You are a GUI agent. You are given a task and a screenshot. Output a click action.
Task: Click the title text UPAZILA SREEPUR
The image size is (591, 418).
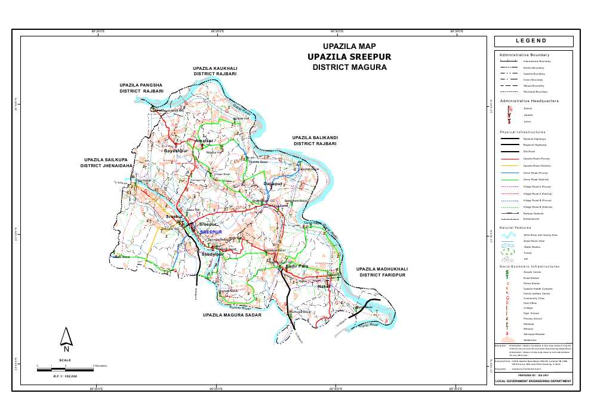click(x=349, y=57)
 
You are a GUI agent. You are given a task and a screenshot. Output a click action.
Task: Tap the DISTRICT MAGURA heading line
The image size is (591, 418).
click(x=349, y=67)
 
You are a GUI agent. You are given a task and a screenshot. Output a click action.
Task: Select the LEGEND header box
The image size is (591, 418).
click(x=533, y=41)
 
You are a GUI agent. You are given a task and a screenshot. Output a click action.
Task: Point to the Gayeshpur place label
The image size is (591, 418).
click(x=176, y=151)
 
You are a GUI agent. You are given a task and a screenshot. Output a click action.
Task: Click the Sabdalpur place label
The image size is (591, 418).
click(x=213, y=254)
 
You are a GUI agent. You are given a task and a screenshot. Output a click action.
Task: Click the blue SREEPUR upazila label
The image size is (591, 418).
click(x=211, y=232)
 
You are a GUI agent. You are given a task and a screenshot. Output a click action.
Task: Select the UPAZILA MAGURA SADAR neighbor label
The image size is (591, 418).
click(x=232, y=314)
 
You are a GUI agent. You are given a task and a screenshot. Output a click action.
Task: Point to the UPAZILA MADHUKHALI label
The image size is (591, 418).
click(x=381, y=269)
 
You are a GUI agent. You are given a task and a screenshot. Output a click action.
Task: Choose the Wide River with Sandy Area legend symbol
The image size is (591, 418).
click(x=508, y=235)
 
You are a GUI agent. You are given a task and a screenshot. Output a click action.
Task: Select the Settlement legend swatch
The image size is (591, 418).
click(x=508, y=340)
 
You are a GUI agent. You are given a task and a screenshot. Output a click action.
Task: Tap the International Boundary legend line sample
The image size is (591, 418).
click(x=508, y=61)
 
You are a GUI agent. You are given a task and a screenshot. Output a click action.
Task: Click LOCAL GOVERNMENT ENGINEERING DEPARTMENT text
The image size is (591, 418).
click(x=533, y=381)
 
